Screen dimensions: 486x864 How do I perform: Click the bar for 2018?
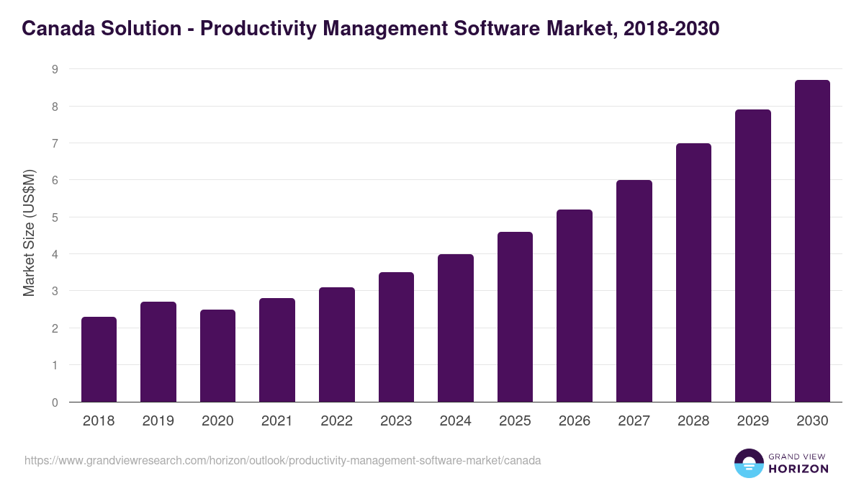(x=99, y=359)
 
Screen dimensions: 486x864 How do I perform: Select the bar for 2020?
(x=217, y=356)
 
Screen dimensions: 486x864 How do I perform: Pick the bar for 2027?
(x=634, y=291)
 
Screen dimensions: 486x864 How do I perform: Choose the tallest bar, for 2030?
(x=812, y=241)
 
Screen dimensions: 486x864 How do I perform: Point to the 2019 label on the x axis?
(x=158, y=421)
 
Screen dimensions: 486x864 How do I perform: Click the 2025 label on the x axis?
(x=515, y=421)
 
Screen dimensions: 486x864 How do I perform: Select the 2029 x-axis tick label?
(x=752, y=421)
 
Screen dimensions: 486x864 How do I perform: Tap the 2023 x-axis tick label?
(x=396, y=421)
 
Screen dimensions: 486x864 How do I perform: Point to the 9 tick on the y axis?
(x=54, y=70)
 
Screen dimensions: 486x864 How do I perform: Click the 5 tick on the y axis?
(x=54, y=217)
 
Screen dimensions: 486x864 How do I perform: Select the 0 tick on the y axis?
(x=54, y=402)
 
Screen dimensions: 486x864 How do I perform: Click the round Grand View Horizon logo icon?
(x=748, y=463)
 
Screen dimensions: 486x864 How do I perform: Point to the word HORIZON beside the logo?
(x=798, y=469)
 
